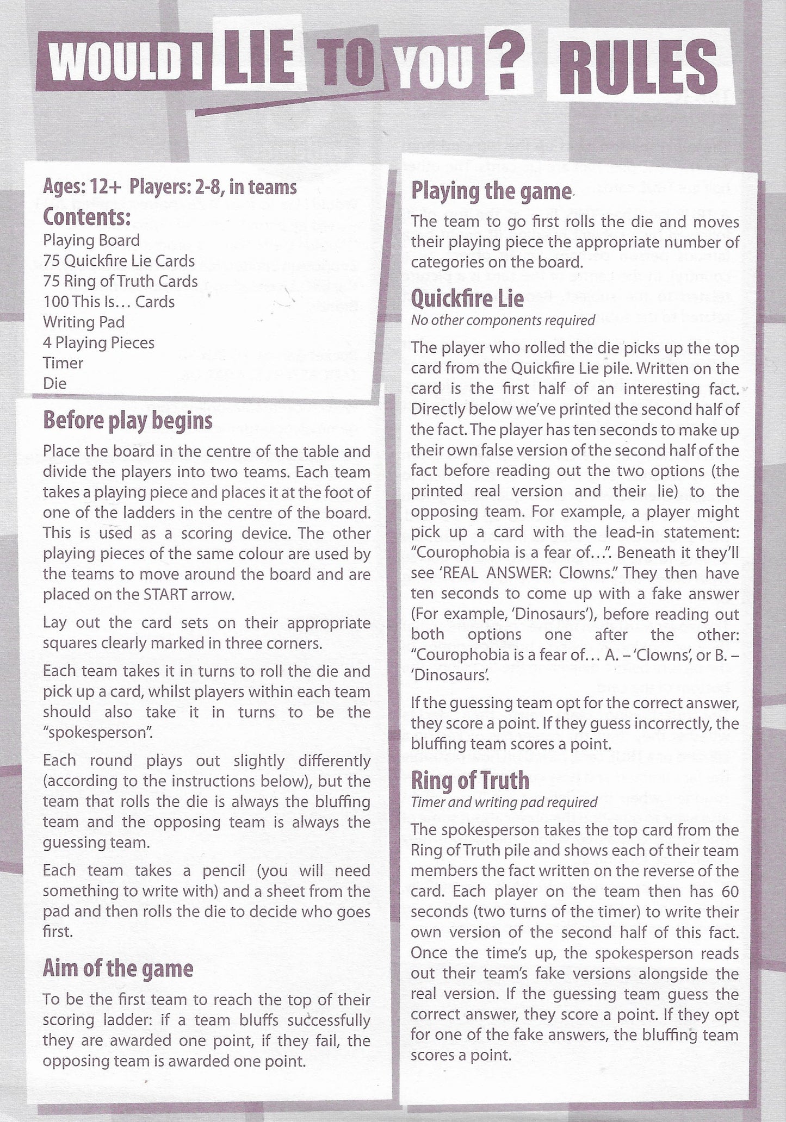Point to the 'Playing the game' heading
pos(491,191)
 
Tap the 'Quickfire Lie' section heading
pos(467,298)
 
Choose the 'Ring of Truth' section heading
pos(470,780)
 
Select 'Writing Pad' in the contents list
pos(84,322)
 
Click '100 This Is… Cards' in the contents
pos(109,302)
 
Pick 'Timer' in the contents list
pos(63,363)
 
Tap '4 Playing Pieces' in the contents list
pos(98,342)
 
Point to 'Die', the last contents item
pos(54,383)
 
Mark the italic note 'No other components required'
pos(503,320)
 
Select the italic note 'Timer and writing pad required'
pos(504,802)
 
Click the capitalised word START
pos(166,594)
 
